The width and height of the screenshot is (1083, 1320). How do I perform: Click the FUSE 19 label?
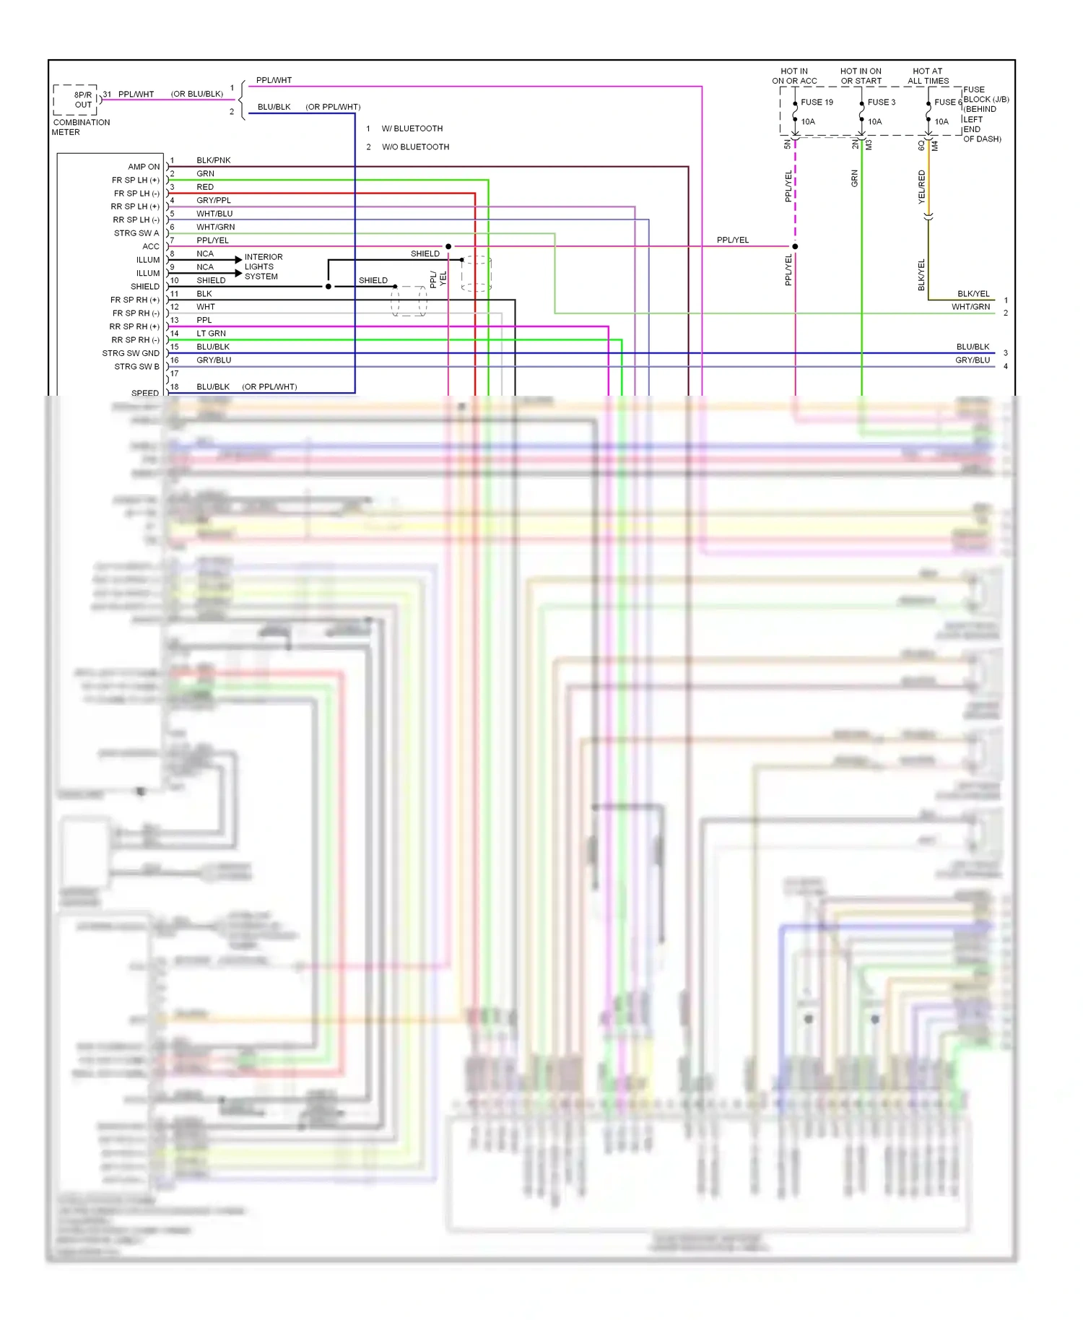[817, 103]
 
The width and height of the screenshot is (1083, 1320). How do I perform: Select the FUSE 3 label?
[881, 103]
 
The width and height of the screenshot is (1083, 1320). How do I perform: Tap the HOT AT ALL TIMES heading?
[928, 76]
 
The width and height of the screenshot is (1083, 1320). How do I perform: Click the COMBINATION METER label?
[80, 127]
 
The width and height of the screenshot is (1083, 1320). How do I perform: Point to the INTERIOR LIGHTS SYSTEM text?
[263, 266]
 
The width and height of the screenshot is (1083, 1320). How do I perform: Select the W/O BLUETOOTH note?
[415, 147]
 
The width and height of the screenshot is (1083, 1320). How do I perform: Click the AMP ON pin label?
[144, 167]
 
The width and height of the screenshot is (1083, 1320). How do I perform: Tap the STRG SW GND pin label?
[131, 353]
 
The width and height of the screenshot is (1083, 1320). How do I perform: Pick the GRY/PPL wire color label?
[214, 200]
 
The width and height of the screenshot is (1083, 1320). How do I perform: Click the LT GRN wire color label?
[211, 334]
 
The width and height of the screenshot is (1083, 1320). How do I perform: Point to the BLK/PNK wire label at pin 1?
[214, 160]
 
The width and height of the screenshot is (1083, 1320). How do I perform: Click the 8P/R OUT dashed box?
[76, 100]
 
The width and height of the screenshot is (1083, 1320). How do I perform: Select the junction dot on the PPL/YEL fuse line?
[795, 246]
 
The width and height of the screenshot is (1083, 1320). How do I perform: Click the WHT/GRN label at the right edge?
[970, 307]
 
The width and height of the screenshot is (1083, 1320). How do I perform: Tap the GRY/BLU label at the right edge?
[972, 360]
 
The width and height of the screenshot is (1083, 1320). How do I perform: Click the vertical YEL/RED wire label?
[921, 186]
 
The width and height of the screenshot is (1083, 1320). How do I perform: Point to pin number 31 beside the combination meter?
[107, 95]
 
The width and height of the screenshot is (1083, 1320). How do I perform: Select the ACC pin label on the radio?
[151, 246]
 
